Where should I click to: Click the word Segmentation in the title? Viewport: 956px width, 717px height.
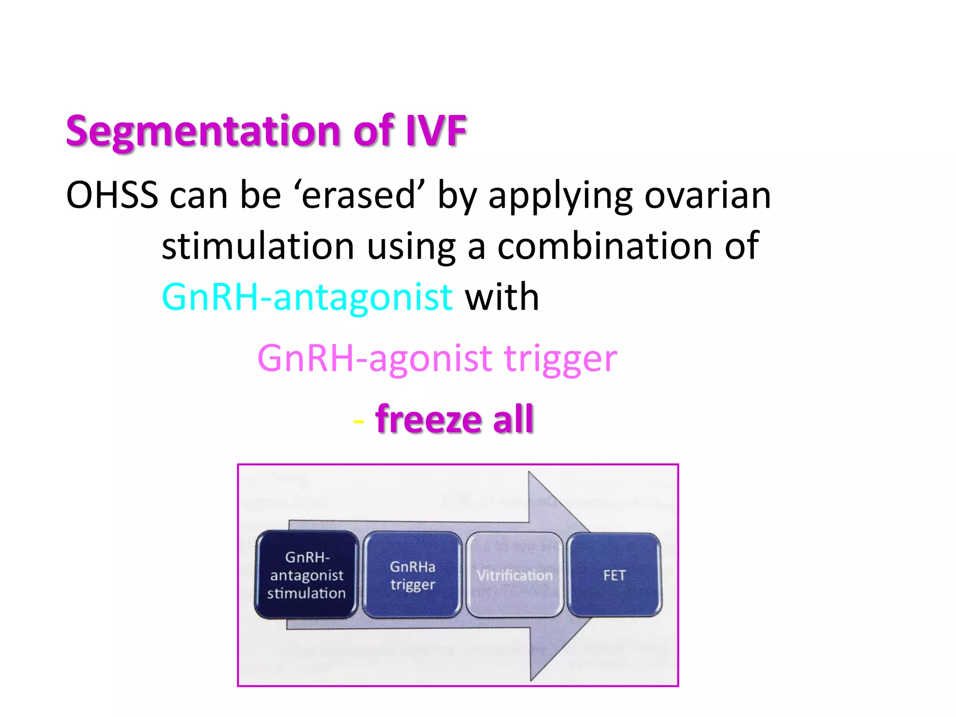click(204, 132)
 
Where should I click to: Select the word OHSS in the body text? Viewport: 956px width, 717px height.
click(112, 195)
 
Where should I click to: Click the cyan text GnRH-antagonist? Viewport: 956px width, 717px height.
click(307, 297)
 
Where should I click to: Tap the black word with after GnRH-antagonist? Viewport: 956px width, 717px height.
click(502, 297)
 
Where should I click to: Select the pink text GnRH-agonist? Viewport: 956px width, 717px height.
click(374, 358)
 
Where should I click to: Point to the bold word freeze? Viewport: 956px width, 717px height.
click(428, 419)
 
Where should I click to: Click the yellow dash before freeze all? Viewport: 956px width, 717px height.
click(358, 422)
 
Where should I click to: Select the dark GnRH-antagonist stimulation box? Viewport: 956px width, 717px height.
click(306, 575)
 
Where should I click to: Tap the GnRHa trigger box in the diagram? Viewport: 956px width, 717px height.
click(412, 575)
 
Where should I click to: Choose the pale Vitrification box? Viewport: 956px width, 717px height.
click(514, 575)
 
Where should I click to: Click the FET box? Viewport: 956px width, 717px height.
click(614, 575)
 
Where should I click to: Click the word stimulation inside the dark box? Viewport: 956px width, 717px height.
click(306, 593)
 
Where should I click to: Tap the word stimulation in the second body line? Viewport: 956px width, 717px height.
click(258, 246)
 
